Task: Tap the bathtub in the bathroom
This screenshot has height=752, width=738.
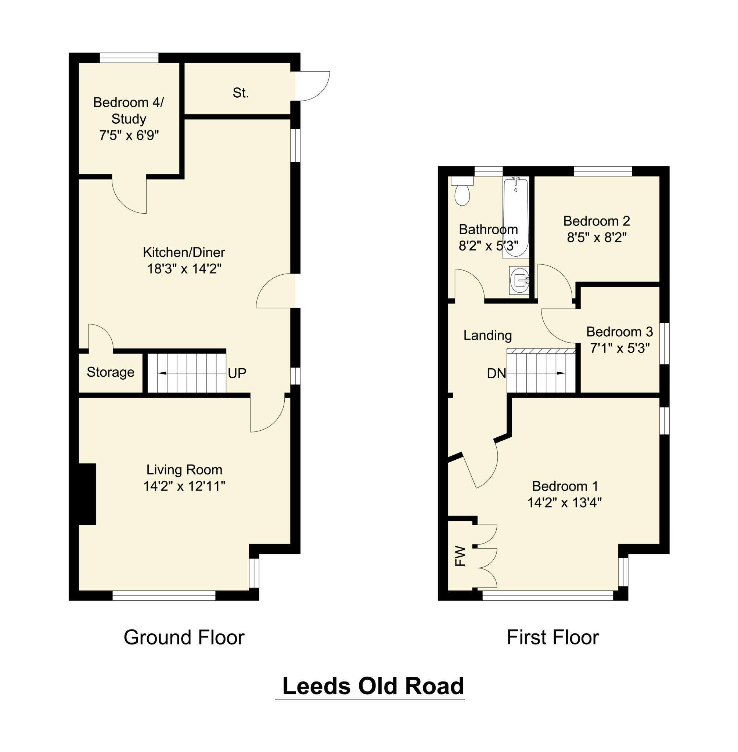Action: click(515, 217)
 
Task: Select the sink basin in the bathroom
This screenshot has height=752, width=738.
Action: click(519, 281)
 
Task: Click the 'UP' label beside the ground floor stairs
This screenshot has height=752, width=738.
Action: click(237, 373)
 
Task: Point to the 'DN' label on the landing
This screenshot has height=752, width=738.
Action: click(497, 373)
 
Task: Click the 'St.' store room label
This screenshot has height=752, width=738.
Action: click(241, 93)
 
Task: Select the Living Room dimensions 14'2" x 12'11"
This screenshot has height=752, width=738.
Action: click(184, 486)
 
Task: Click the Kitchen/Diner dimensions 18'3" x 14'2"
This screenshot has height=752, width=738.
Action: click(184, 269)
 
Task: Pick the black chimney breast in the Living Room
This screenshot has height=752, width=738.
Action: click(87, 494)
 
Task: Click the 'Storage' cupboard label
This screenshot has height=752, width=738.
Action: click(111, 372)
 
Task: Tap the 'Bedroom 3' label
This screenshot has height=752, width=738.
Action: click(619, 332)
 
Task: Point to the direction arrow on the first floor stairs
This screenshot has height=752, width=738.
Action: click(561, 373)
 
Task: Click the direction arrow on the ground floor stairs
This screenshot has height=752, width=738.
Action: click(162, 373)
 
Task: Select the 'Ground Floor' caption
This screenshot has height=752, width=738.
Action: click(184, 637)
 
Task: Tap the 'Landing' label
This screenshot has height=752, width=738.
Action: click(487, 335)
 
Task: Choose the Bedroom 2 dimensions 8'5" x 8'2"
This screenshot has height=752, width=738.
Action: click(597, 238)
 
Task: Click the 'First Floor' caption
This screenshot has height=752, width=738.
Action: click(553, 637)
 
